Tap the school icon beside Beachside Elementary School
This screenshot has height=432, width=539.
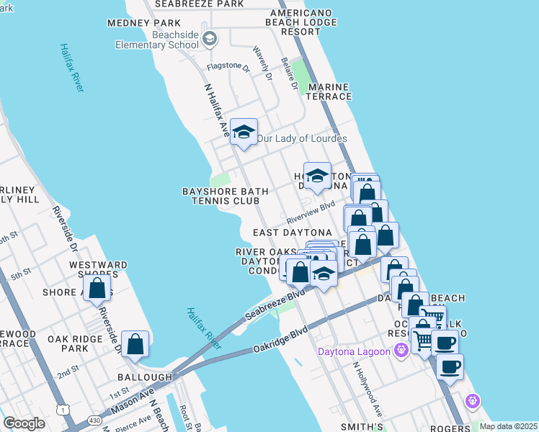coord(210,38)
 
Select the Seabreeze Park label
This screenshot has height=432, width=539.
coord(199,4)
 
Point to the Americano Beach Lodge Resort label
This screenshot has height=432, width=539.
coord(304,22)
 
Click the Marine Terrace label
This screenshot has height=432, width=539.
coord(329,91)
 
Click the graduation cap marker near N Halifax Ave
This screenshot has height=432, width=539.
coord(244,132)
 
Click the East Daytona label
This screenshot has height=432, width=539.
coord(292,233)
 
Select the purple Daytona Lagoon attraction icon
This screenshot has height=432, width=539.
coord(401,351)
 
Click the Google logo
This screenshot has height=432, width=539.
coord(24,423)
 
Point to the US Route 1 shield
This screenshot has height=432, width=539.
coord(64,410)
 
